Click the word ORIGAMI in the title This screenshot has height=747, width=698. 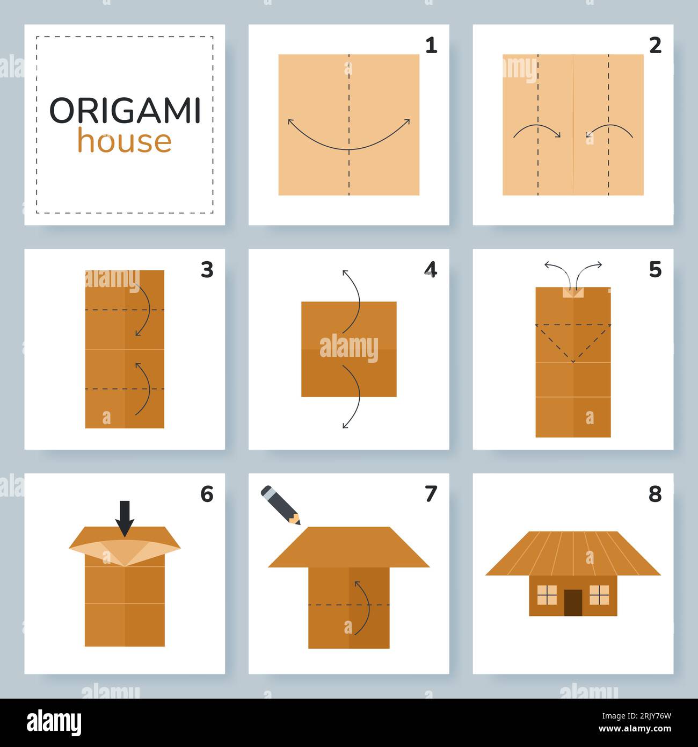point(125,111)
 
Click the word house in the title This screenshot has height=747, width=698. point(125,141)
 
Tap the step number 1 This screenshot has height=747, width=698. point(431,46)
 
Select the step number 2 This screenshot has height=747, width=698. point(655,46)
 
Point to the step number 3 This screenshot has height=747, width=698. point(207,270)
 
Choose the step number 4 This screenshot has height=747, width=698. point(431,270)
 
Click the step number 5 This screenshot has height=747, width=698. point(655,270)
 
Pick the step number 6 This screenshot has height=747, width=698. point(207,494)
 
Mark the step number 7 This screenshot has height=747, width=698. point(431,494)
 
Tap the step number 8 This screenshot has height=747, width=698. point(655,494)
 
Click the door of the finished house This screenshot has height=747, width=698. point(573,602)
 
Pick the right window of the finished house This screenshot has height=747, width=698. point(599,595)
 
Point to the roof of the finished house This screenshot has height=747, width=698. point(573,554)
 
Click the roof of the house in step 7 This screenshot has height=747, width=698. point(349,547)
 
